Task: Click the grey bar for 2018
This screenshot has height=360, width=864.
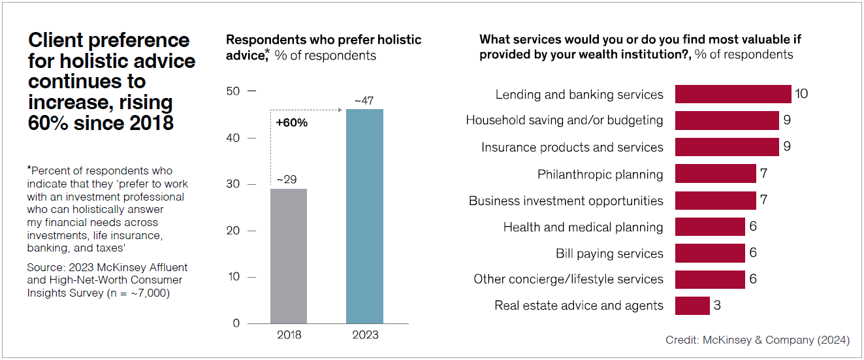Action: point(289,256)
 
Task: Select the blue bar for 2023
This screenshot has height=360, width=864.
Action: point(364,216)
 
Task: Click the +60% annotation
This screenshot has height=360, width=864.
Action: point(292,123)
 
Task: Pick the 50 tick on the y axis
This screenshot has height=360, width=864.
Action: point(232,91)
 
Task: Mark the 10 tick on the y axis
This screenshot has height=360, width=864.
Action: point(232,277)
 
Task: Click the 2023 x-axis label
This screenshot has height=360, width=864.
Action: point(364,335)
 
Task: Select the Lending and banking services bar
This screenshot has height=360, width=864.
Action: point(733,94)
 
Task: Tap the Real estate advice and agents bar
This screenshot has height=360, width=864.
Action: point(692,306)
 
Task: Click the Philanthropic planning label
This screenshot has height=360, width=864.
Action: point(600,174)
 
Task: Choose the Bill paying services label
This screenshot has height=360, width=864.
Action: point(609,254)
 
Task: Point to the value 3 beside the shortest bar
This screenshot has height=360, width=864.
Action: point(717,306)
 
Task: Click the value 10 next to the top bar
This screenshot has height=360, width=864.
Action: point(801,94)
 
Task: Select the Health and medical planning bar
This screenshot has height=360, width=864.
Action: point(710,227)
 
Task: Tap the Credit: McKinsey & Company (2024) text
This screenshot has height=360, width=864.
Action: point(758,340)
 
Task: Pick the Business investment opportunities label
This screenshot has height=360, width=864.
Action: point(566,201)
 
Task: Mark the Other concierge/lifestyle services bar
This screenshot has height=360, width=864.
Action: point(710,280)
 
